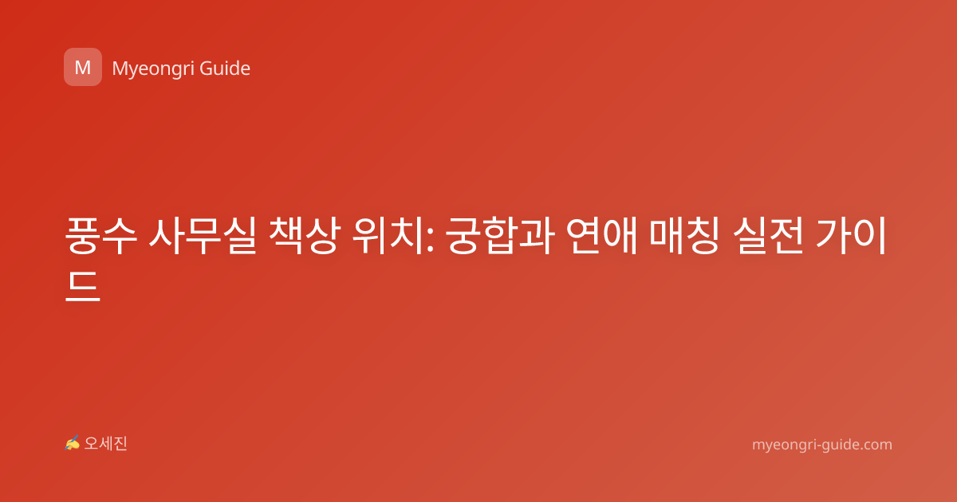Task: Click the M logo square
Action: coord(83,67)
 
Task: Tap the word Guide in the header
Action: coord(225,69)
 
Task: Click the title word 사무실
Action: coord(203,236)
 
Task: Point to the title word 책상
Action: coord(305,236)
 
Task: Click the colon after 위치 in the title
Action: coord(430,240)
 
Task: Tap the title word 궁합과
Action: coord(500,236)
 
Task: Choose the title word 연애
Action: coord(602,236)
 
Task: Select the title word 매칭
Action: coord(685,236)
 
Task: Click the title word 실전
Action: coord(768,236)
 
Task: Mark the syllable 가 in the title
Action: coord(833,236)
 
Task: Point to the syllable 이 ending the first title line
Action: coord(870,236)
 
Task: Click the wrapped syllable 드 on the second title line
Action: coord(83,285)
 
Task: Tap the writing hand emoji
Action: coord(73,443)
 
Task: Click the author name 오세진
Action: coord(105,444)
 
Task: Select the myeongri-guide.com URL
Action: coord(822,445)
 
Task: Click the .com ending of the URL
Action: coord(875,445)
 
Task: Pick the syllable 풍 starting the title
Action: coord(83,236)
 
